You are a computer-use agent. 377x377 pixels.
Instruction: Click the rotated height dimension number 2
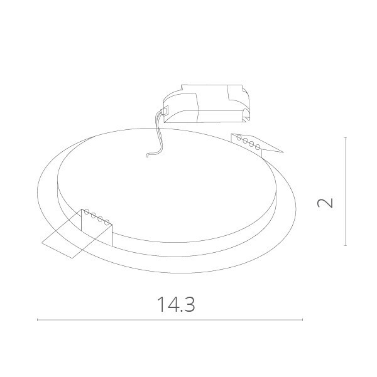pos(325,203)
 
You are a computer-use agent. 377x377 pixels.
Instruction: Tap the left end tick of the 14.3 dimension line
pos(38,320)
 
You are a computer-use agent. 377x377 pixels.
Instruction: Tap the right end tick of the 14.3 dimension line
pos(303,320)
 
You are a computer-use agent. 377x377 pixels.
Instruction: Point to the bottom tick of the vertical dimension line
pos(346,245)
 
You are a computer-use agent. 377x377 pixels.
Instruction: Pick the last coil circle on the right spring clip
pos(259,146)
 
